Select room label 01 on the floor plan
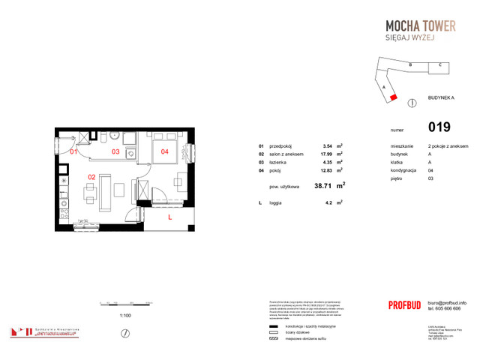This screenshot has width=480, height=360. [x=73, y=151]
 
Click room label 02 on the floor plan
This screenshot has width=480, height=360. [x=91, y=177]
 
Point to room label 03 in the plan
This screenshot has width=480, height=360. [x=115, y=151]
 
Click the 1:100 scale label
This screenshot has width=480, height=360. [x=126, y=316]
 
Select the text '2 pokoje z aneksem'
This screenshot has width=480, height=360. [x=448, y=145]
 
